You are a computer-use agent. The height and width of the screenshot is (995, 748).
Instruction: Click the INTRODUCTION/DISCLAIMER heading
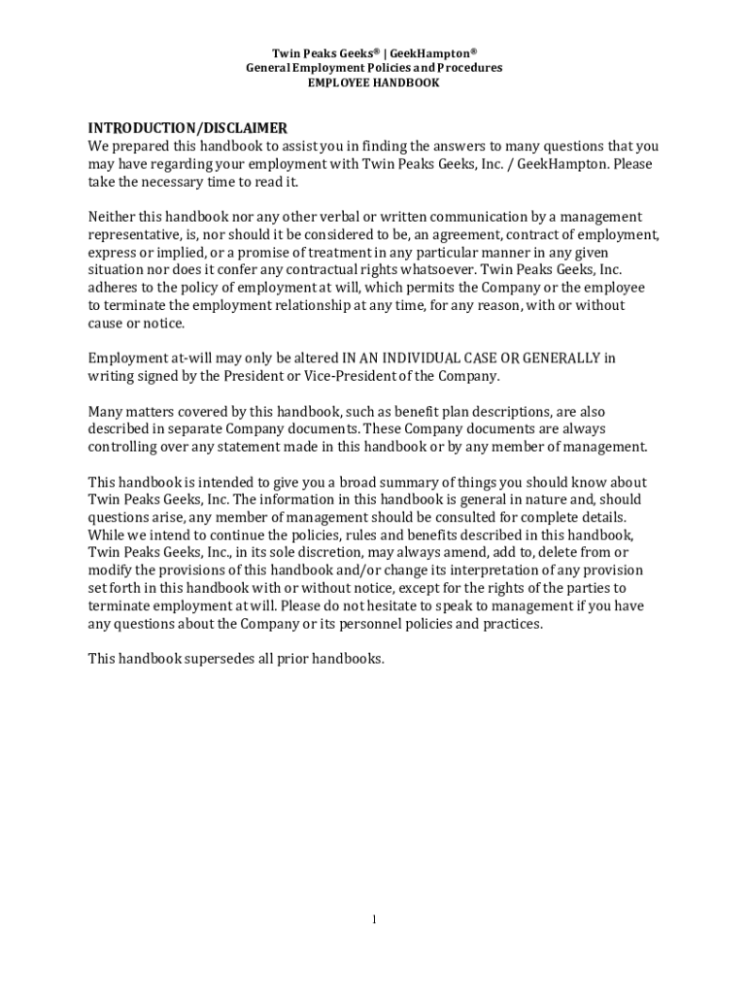(x=187, y=128)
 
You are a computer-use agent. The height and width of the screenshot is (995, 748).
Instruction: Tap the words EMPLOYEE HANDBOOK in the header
(x=374, y=84)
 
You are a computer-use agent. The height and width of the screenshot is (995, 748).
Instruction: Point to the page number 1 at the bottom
(x=374, y=920)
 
